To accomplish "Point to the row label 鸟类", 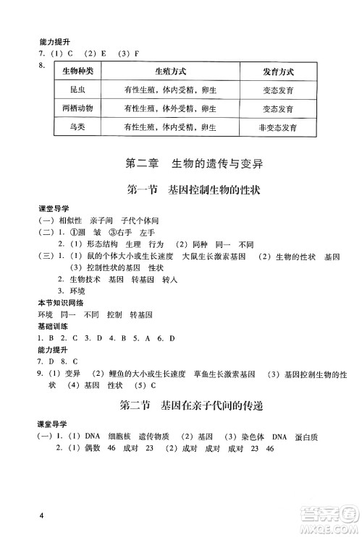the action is tap(75, 126).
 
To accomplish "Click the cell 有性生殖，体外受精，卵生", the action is tap(171, 108).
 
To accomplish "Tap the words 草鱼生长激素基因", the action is tap(224, 374).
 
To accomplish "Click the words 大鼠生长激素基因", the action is tap(214, 257).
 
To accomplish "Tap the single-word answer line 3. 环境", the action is tap(72, 292).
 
